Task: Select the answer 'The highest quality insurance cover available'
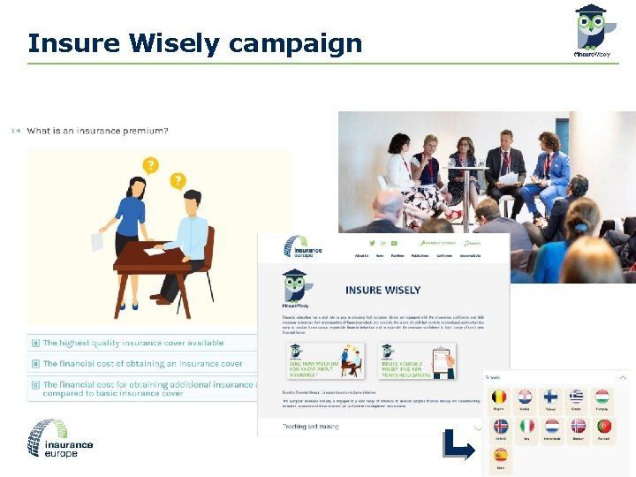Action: (133, 343)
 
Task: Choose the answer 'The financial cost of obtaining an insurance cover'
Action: (142, 364)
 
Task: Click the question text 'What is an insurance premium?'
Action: (97, 131)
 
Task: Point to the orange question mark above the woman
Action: (151, 165)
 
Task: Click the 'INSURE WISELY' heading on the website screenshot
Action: (382, 290)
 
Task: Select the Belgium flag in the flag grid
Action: (499, 397)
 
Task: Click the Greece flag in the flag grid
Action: (577, 397)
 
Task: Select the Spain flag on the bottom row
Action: (500, 456)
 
